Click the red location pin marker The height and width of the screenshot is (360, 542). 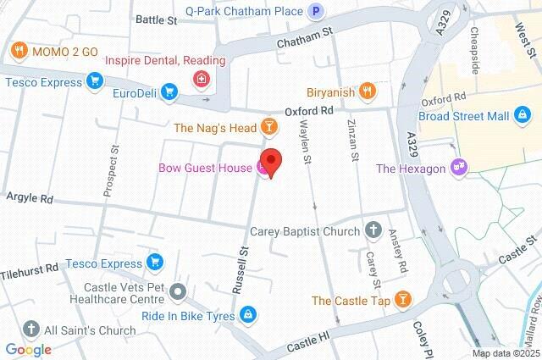(x=271, y=161)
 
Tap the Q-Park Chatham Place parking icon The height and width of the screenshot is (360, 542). (x=316, y=11)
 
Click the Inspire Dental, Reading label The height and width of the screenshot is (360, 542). (x=165, y=61)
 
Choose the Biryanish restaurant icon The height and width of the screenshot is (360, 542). (x=367, y=90)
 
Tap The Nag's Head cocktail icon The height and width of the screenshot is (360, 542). (x=268, y=128)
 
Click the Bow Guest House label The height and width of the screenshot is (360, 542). (x=204, y=168)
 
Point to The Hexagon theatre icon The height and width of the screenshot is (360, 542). (x=459, y=168)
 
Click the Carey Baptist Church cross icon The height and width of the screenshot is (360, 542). (x=373, y=230)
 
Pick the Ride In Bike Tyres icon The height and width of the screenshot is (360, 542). (x=246, y=314)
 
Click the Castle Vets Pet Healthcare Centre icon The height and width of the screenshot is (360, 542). (x=177, y=293)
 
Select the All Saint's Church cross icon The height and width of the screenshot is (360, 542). (x=31, y=330)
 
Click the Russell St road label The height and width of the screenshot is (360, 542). (x=243, y=269)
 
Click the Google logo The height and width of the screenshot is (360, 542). (x=28, y=349)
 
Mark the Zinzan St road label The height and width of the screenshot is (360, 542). (x=353, y=141)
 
